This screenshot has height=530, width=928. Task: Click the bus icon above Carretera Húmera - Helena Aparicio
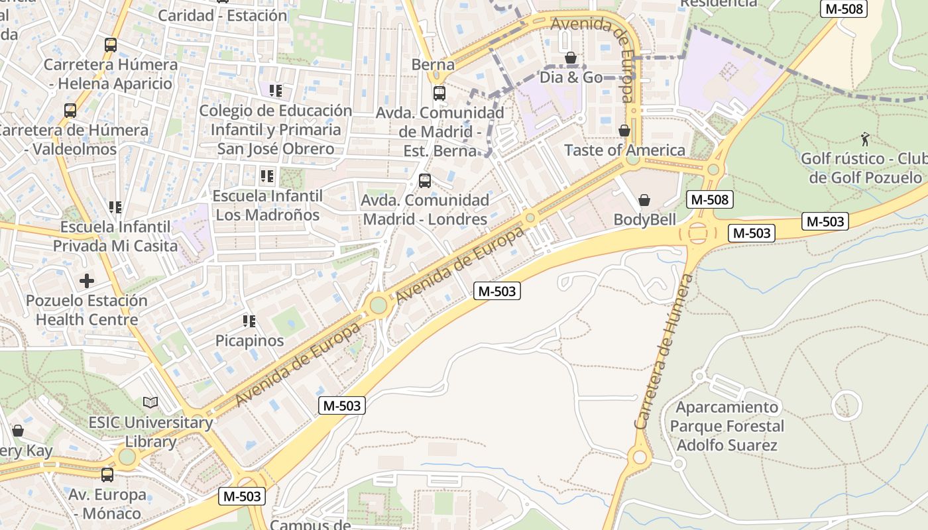coord(111,45)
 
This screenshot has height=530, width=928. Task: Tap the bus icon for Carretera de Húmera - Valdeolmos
coord(70,111)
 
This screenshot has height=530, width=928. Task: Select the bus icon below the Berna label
coord(439,93)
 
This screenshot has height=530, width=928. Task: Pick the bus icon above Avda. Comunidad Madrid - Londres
coord(425,180)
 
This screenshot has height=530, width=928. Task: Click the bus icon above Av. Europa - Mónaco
coord(107,475)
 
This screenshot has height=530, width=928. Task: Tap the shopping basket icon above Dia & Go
coord(570,58)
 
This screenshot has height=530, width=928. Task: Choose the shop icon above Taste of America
coord(624,131)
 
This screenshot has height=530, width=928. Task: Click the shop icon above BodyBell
coord(644,200)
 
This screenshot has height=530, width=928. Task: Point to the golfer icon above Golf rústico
coord(864,139)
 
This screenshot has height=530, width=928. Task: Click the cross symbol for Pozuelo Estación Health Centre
coord(87,281)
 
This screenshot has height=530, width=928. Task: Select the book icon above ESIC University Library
coord(150,402)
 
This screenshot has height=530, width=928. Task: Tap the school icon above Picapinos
coord(249,321)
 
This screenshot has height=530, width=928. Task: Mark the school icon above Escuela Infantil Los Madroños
coord(267,176)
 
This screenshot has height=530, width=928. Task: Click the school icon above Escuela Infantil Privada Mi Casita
coord(115,208)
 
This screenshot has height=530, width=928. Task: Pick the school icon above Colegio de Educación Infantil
coord(276,91)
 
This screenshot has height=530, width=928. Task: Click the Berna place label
coord(433,65)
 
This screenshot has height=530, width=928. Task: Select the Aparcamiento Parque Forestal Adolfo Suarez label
coord(726,426)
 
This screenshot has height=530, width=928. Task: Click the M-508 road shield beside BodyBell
coord(709,199)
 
